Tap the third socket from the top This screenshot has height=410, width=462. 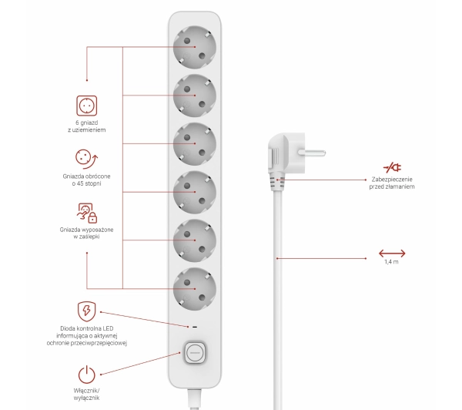193,144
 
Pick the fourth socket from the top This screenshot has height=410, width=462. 193,193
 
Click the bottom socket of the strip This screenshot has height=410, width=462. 193,290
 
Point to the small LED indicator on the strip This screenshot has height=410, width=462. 194,327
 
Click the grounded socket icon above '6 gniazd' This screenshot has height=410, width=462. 86,106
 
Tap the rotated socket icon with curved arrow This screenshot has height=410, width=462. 86,159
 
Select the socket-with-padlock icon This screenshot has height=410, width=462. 86,213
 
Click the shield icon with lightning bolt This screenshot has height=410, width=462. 86,311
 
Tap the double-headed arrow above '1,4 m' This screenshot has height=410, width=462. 392,252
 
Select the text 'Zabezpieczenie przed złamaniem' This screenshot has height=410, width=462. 392,183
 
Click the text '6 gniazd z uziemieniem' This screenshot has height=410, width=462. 86,126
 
